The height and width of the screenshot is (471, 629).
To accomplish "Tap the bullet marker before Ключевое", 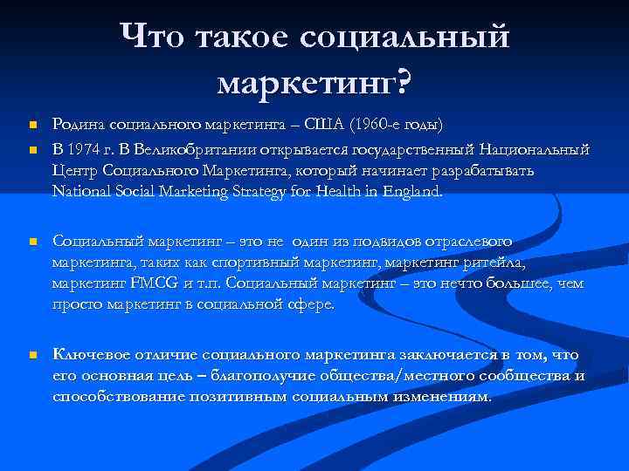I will point(31,355).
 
